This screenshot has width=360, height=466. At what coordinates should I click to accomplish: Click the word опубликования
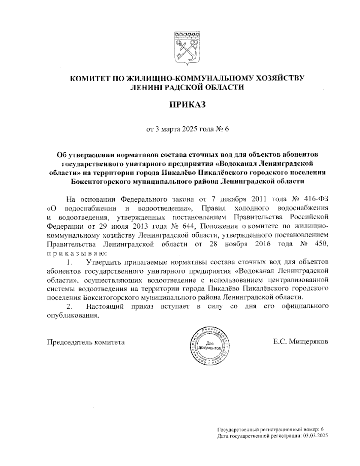click(x=73, y=315)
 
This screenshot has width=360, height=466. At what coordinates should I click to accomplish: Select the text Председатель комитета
click(x=86, y=342)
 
